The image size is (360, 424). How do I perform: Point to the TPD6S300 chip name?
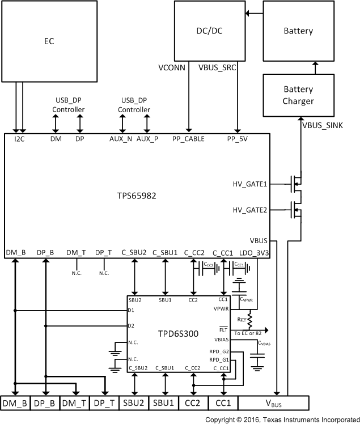tap(179, 334)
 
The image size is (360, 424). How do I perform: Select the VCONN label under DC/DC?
tap(172, 67)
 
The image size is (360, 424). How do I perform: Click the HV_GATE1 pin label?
tap(250, 184)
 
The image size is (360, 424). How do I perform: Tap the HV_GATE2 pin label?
tap(250, 210)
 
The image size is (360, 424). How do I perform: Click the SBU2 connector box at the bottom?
tap(134, 403)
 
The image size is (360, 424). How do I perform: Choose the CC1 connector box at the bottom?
tap(223, 403)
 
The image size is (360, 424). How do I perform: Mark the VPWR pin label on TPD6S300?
tap(221, 309)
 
